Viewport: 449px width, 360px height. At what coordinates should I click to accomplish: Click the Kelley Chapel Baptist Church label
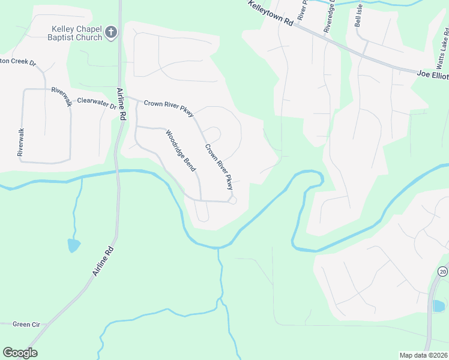76,33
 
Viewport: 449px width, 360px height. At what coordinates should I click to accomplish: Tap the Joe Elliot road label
432,74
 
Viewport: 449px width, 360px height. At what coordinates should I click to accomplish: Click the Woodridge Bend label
181,151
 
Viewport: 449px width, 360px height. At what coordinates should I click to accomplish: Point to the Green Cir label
26,325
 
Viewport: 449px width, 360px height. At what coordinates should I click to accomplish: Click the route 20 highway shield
443,271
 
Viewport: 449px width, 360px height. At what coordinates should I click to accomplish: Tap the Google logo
20,353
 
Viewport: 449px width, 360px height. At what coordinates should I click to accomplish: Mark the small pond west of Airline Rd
73,245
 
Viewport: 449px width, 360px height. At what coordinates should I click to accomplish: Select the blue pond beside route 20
439,305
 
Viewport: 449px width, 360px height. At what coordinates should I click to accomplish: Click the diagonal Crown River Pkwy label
218,167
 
